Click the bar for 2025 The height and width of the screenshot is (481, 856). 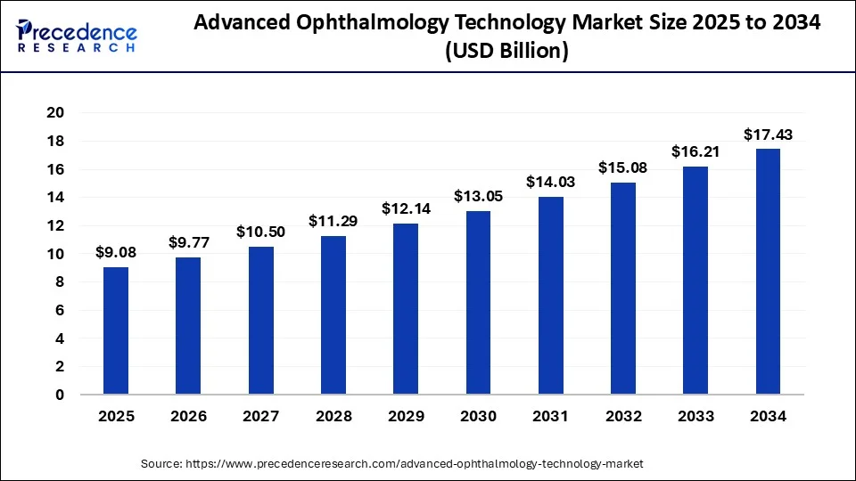click(116, 330)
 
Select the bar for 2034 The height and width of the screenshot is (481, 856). click(768, 272)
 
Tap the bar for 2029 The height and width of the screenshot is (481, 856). click(406, 309)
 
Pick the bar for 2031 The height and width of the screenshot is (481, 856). click(550, 296)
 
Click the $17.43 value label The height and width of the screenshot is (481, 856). click(768, 135)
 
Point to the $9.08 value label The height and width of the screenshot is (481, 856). click(116, 253)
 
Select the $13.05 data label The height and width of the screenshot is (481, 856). click(478, 196)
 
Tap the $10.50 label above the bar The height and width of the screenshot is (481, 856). click(260, 232)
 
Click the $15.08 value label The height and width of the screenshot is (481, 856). click(622, 167)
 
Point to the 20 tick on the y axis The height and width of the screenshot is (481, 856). click(56, 113)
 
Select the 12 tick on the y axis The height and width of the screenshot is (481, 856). click(56, 225)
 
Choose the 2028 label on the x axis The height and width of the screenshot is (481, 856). click(333, 416)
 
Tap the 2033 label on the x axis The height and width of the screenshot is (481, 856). click(695, 416)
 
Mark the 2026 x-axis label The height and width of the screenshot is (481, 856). click(188, 416)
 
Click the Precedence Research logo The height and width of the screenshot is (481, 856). click(77, 37)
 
